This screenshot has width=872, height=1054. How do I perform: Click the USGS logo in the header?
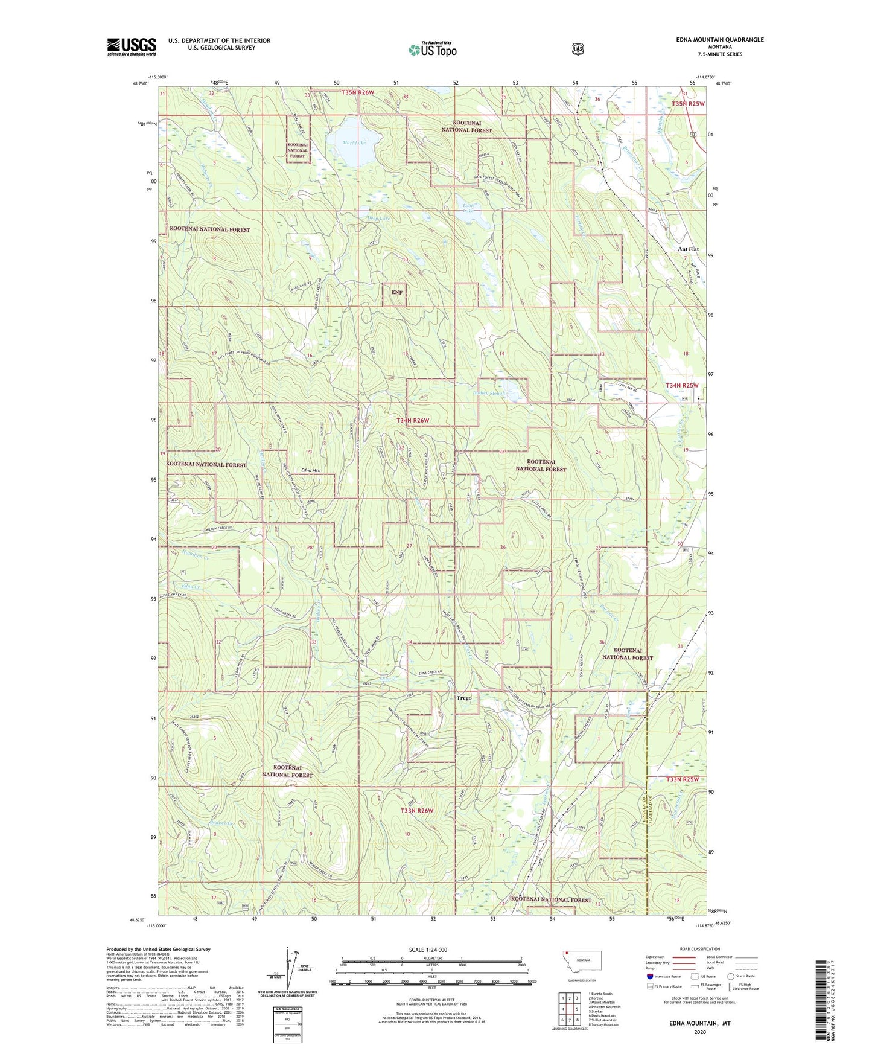coord(132,46)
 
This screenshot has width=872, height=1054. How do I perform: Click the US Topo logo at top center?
coord(432,50)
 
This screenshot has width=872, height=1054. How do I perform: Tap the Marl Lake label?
coord(354,144)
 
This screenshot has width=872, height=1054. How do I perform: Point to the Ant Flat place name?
coord(688,249)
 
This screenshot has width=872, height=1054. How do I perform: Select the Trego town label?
coord(463,698)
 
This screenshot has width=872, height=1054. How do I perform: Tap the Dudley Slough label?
coord(489,393)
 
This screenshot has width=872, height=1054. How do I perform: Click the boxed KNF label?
coord(396,292)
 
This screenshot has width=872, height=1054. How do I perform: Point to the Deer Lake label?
coord(378,218)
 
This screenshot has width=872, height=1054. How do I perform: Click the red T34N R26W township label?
coord(413,420)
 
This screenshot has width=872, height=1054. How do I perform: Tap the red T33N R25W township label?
coord(682,779)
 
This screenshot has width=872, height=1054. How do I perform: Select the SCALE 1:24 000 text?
coord(427,950)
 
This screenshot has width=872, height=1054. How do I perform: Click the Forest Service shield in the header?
coord(578,49)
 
